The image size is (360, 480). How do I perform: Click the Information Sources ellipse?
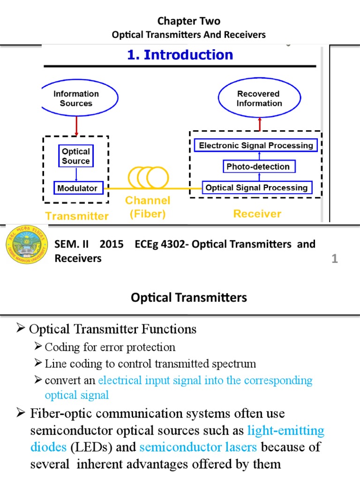76,98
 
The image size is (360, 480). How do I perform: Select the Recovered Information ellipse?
259,98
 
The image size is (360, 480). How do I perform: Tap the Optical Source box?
75,156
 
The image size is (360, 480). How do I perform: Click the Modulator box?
77,188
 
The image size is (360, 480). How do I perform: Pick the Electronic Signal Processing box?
256,145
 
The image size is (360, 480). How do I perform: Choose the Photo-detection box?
258,166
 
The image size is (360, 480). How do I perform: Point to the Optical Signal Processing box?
257,187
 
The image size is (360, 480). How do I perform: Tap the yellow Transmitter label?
76,216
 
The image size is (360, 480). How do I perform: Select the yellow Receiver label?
257,214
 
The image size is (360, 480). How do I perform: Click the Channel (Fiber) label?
147,207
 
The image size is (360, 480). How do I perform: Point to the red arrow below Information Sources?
76,126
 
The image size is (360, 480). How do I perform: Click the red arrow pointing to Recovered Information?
259,124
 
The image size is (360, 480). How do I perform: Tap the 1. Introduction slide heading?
180,55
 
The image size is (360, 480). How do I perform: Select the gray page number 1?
335,259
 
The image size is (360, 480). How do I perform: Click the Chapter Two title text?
188,21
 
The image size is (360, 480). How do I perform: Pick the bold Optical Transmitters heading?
188,297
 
